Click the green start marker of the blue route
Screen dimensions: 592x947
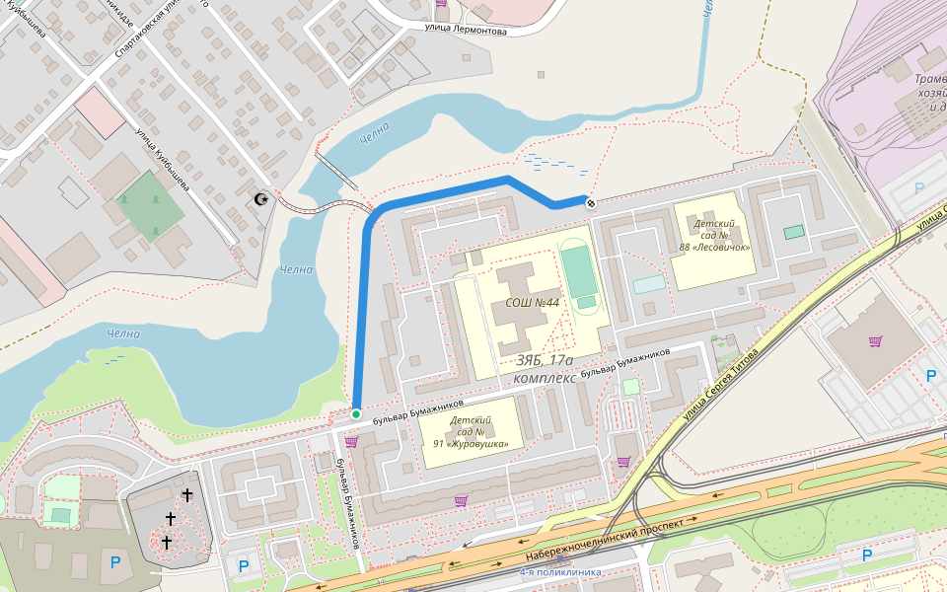356,414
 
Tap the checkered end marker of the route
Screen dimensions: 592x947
590,203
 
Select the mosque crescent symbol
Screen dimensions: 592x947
261,199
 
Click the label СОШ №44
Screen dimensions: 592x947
532,303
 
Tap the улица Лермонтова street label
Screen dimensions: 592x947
466,30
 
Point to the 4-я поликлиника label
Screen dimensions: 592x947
560,571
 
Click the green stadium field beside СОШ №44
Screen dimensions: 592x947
580,273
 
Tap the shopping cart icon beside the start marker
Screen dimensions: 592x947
351,442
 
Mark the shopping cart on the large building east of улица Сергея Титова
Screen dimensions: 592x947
874,341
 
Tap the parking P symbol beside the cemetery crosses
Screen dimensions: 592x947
115,562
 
